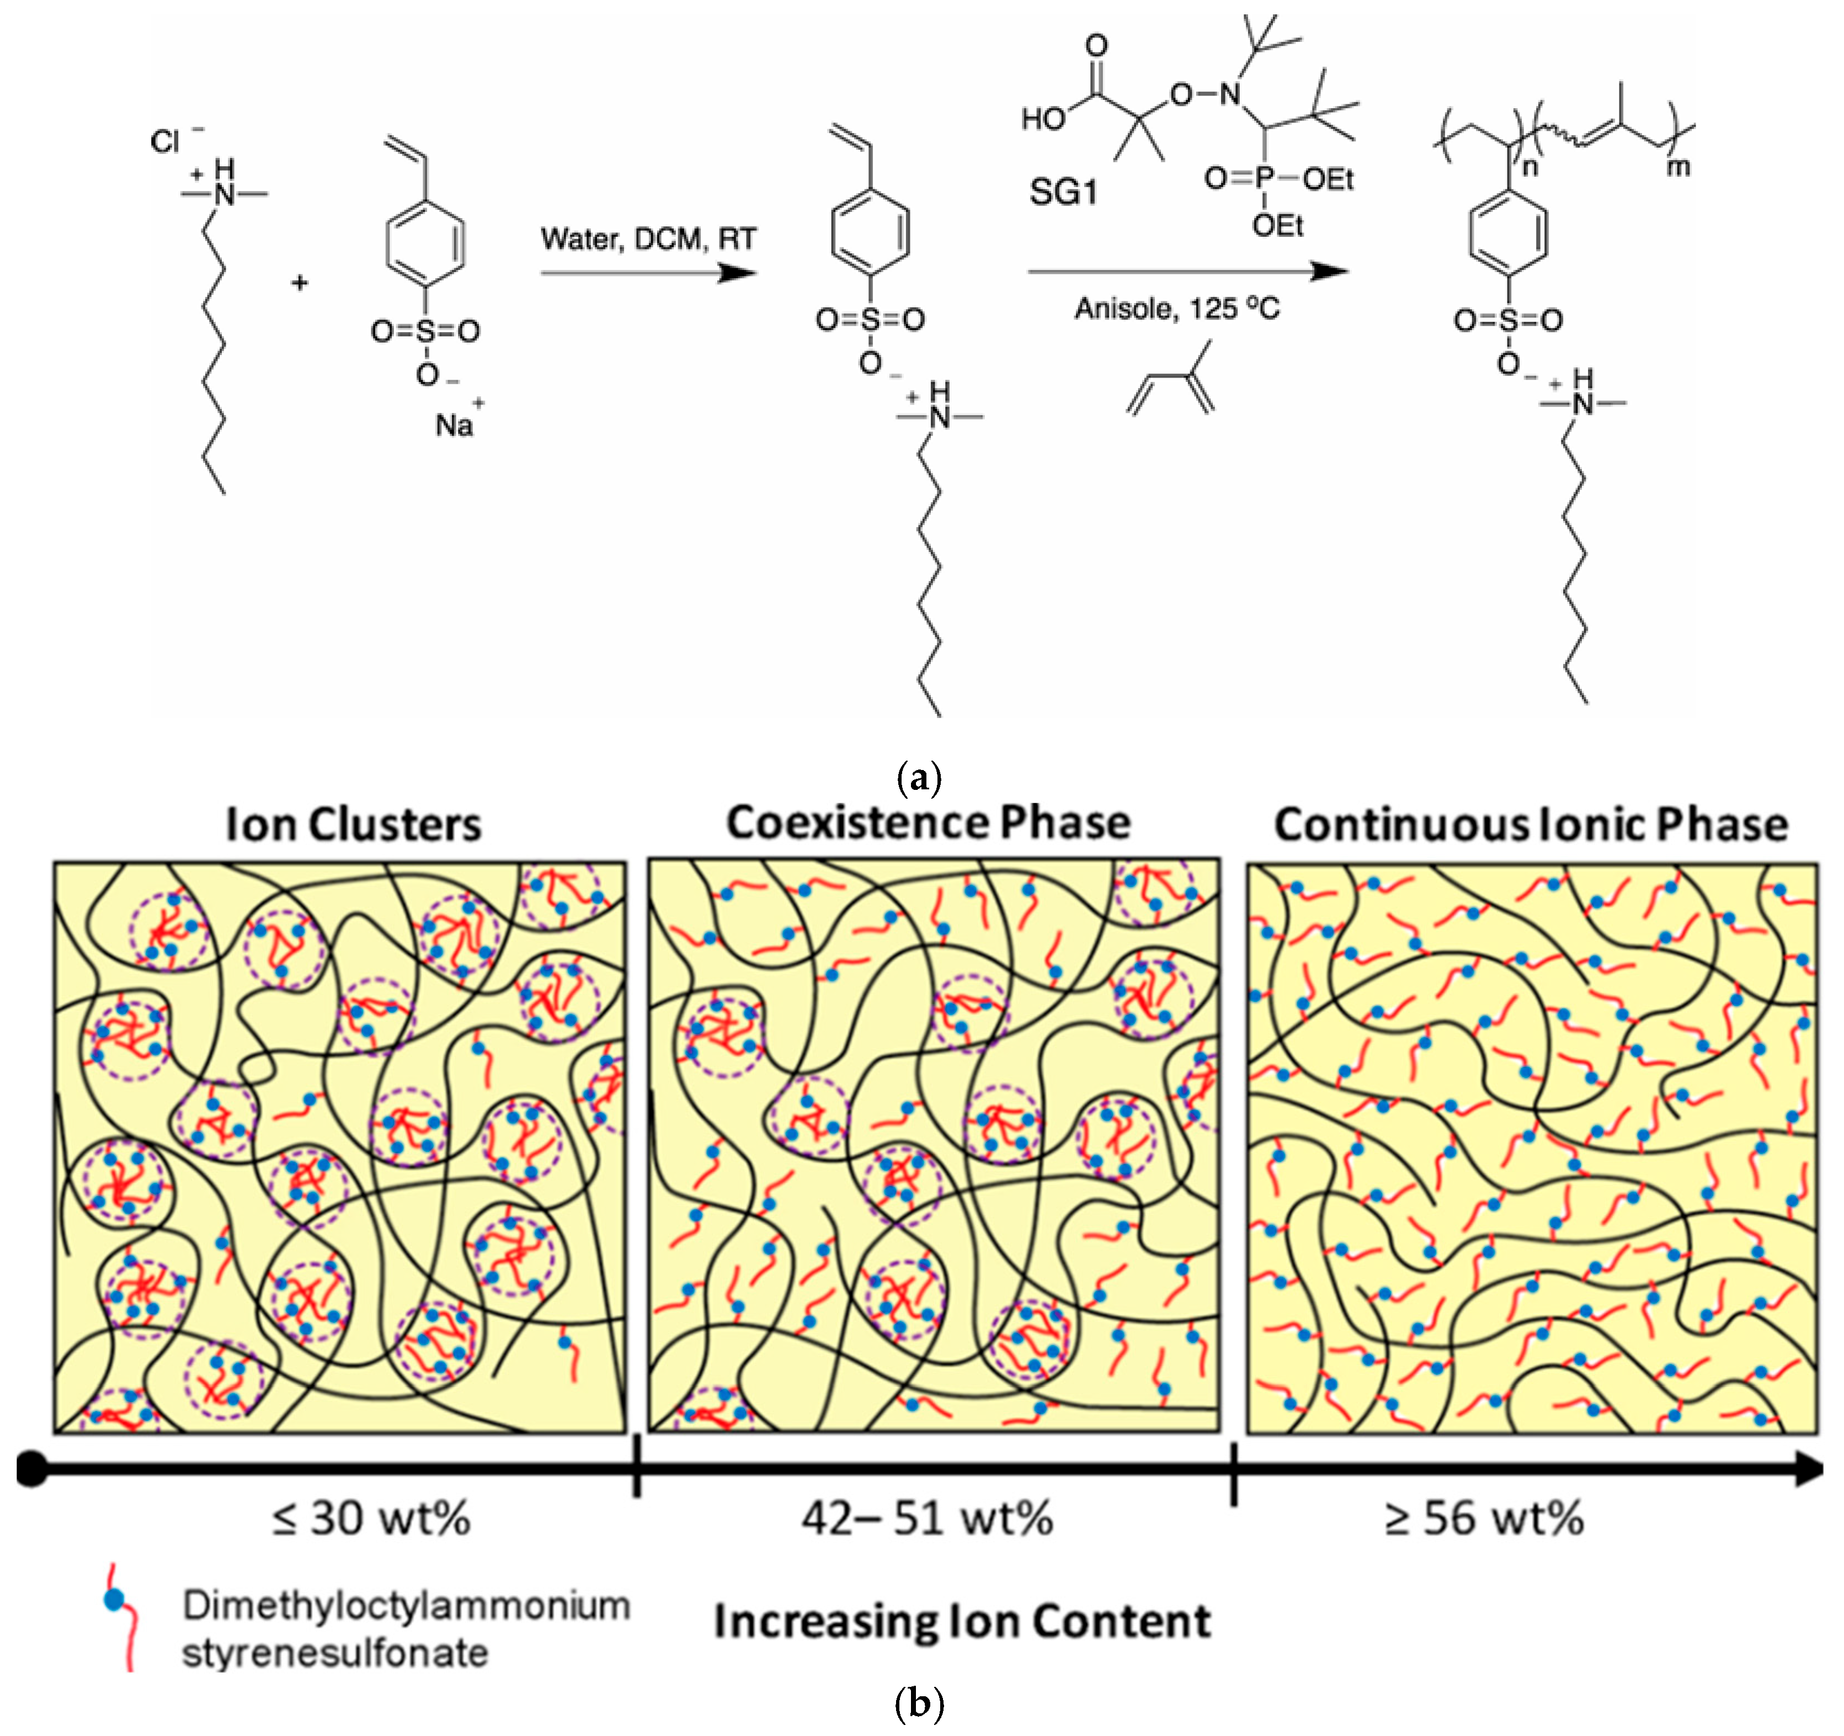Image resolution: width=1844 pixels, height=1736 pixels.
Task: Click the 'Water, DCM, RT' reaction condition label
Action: [648, 240]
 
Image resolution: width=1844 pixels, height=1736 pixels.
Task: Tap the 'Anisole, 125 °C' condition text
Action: [1177, 308]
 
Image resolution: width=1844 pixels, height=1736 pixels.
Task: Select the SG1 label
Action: [1063, 192]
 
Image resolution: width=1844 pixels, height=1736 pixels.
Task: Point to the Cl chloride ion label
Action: [165, 142]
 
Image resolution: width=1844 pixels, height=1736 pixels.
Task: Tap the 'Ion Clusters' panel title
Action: [353, 824]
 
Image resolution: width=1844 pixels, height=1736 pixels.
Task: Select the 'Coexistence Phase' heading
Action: [929, 822]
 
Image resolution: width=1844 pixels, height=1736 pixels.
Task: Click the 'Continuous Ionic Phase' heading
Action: [1531, 824]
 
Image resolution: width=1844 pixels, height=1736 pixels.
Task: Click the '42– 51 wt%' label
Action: [928, 1519]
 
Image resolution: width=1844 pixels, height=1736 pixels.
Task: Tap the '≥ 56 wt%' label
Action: [1484, 1519]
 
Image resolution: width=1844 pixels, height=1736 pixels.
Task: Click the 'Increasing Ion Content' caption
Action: [962, 1621]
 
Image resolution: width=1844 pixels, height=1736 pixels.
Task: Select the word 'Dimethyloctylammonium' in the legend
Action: [406, 1605]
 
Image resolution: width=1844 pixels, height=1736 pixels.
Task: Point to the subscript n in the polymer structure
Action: [1529, 168]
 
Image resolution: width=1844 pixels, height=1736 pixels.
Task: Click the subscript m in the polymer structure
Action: [1678, 167]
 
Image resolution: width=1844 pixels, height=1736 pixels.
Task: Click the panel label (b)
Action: [920, 1703]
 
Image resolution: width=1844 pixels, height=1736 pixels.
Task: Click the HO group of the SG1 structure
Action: [1043, 119]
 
